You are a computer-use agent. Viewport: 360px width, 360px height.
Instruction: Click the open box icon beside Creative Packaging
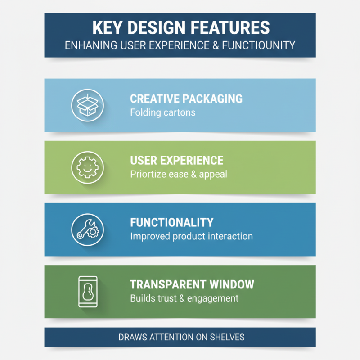(x=87, y=105)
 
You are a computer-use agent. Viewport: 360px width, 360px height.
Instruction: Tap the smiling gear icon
(x=87, y=167)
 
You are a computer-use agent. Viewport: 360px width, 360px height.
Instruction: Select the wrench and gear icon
(x=87, y=229)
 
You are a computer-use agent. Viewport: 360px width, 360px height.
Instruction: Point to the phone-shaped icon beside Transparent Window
(x=88, y=292)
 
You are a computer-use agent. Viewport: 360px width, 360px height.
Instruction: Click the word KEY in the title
(x=107, y=28)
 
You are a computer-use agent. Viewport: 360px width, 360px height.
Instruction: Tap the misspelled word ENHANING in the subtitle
(x=91, y=45)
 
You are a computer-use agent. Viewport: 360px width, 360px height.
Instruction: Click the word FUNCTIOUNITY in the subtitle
(x=258, y=45)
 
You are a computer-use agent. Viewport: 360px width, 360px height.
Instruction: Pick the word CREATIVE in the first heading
(x=155, y=99)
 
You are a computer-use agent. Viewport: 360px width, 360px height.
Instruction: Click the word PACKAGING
(x=212, y=99)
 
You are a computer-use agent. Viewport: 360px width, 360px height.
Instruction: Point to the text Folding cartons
(x=163, y=112)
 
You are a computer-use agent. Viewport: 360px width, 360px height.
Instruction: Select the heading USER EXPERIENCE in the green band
(x=177, y=161)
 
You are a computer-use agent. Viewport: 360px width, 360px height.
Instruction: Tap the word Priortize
(x=148, y=174)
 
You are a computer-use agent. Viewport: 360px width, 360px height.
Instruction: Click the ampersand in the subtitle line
(x=216, y=45)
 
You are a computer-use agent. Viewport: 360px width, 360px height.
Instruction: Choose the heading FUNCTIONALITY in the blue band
(x=172, y=222)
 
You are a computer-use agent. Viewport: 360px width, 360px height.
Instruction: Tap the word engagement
(x=213, y=298)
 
